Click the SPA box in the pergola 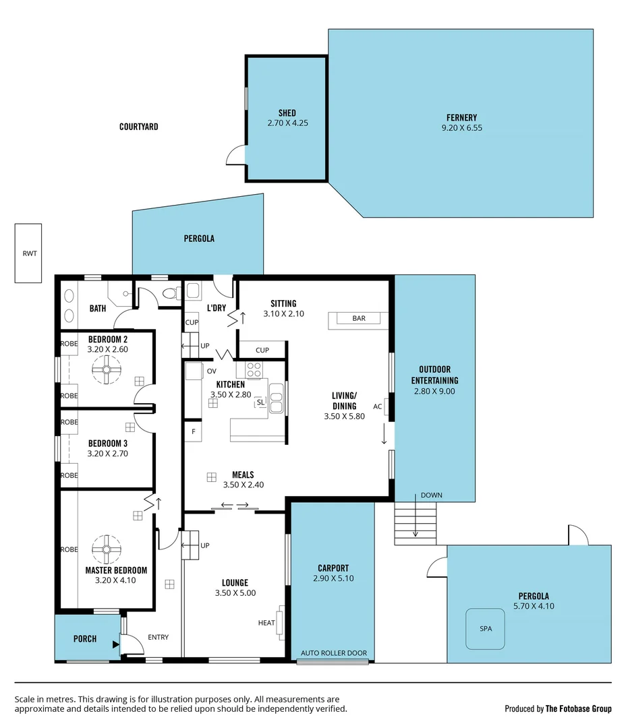(x=486, y=628)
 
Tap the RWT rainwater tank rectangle (x=28, y=253)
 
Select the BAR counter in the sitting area (x=358, y=319)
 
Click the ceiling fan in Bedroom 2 (x=106, y=369)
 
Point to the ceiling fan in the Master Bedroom (x=106, y=549)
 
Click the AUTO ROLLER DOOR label (x=334, y=653)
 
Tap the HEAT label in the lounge (x=266, y=623)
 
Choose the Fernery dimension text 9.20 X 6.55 (x=461, y=128)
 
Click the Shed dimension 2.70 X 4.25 (x=287, y=123)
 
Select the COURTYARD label (x=139, y=127)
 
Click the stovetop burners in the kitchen (x=254, y=369)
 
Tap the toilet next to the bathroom (x=171, y=293)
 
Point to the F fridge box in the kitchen (x=193, y=431)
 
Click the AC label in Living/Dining (x=378, y=406)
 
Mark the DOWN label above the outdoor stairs (x=431, y=495)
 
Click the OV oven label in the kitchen (x=210, y=371)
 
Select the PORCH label (x=85, y=638)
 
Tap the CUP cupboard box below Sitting (x=262, y=350)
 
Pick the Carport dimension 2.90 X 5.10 (x=333, y=578)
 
